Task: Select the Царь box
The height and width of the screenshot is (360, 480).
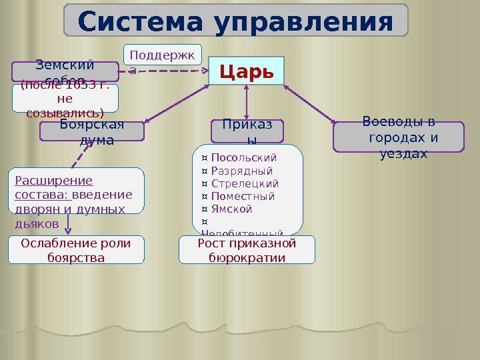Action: click(247, 71)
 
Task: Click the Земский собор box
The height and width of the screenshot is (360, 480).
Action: click(65, 69)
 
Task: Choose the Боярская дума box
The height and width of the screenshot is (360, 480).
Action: click(92, 131)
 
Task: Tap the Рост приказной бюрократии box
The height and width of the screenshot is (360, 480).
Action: click(247, 249)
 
